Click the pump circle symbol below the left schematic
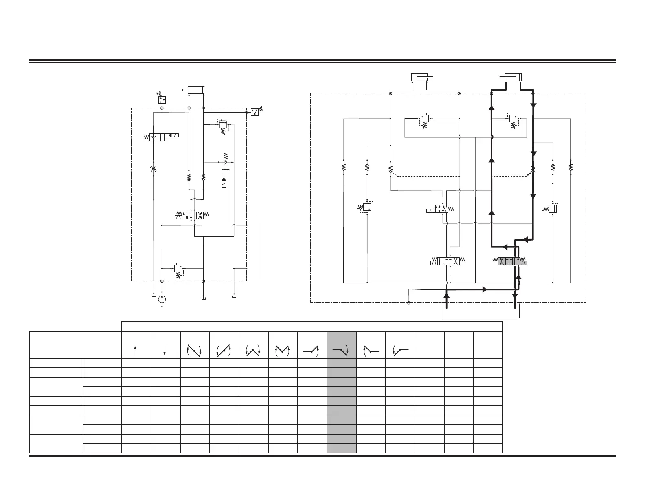(x=162, y=300)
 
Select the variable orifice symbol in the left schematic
(x=153, y=169)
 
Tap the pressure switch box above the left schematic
(x=162, y=99)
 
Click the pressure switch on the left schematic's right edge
(x=255, y=111)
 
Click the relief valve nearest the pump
(x=178, y=269)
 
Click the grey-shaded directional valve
(x=513, y=261)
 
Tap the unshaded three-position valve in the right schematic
(x=447, y=261)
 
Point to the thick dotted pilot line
(x=511, y=176)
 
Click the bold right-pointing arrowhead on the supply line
(x=485, y=289)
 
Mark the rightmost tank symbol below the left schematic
(x=234, y=296)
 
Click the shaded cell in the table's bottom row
(x=341, y=448)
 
